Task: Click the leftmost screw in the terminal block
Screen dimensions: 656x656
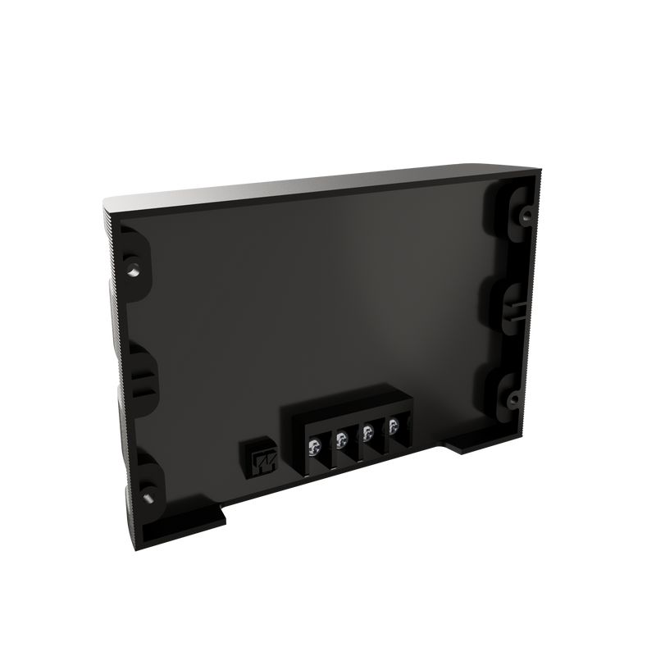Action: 312,448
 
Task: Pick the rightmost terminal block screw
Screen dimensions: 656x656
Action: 394,426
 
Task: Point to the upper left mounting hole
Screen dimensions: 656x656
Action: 131,266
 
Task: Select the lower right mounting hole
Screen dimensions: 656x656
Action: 513,399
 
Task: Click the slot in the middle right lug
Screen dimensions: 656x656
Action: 515,309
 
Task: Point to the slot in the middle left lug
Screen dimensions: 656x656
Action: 142,378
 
